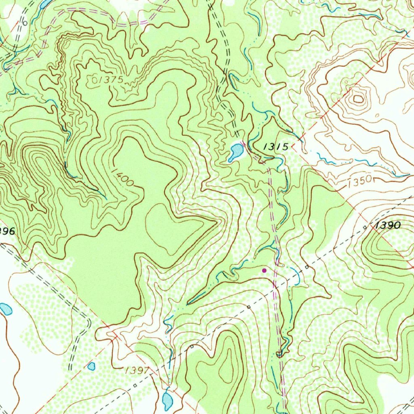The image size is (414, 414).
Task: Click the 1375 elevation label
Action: (110, 80)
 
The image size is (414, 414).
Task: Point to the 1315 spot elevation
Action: (276, 147)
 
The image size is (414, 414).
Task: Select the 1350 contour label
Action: (359, 183)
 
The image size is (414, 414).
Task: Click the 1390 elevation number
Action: (388, 226)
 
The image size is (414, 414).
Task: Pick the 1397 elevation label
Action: (137, 370)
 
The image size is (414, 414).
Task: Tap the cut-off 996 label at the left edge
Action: (7, 232)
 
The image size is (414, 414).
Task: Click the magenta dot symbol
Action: (264, 270)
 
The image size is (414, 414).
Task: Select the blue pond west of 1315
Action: (235, 152)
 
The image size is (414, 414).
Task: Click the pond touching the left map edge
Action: (5, 309)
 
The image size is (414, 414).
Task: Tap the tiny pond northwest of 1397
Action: (91, 366)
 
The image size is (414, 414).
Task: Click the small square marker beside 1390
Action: (365, 228)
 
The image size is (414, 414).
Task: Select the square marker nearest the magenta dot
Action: (307, 267)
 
